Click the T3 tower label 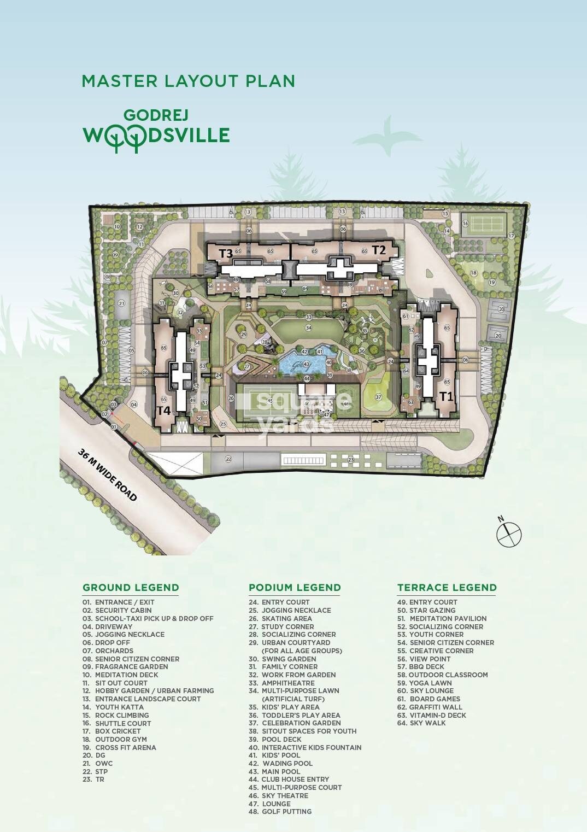226,253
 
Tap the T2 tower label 379,250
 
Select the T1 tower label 447,396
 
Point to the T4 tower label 164,410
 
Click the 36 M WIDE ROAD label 107,475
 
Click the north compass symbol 509,534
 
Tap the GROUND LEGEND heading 131,588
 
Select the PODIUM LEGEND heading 295,588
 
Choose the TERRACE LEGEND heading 447,588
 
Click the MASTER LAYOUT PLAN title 189,81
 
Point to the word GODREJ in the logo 149,115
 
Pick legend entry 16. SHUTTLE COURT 116,723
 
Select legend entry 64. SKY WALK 421,723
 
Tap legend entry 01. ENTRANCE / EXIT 118,602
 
